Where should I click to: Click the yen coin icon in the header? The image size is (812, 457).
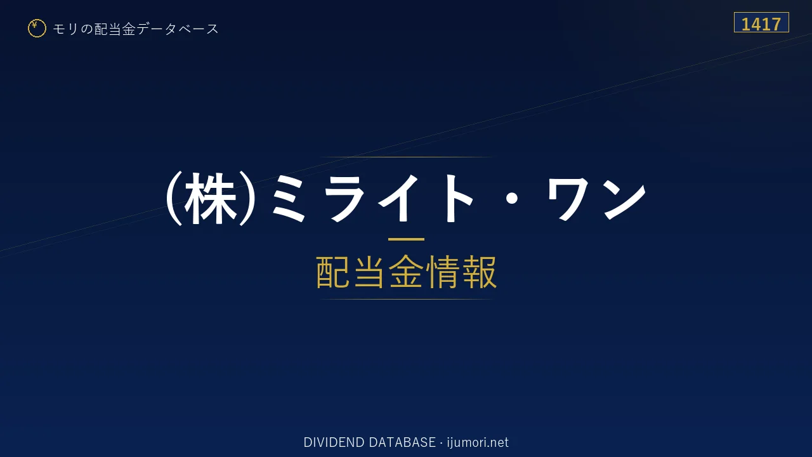click(37, 29)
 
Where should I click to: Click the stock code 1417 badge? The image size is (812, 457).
click(761, 22)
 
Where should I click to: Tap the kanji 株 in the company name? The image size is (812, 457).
click(210, 199)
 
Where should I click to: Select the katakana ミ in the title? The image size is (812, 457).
click(289, 198)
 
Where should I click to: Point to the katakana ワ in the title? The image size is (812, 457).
click(568, 199)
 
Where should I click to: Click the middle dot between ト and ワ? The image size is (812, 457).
click(512, 199)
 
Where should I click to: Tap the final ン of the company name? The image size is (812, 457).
click(624, 199)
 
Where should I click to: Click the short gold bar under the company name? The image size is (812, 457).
click(406, 239)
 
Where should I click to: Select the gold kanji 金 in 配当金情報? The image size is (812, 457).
click(406, 272)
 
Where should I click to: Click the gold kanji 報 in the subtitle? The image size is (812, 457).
click(479, 272)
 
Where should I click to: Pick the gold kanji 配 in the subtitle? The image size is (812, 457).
click(334, 272)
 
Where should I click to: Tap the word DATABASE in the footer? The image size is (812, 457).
click(402, 442)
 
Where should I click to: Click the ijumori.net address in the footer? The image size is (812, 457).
click(478, 442)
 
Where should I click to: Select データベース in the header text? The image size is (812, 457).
click(178, 29)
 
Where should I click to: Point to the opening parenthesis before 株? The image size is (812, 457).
click(173, 199)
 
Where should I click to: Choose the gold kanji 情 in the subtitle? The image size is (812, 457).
click(442, 272)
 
